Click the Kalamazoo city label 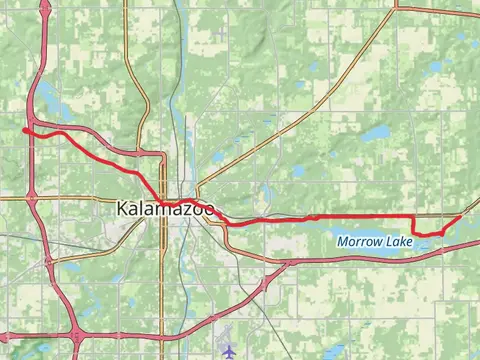(165, 210)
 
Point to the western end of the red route (23, 129)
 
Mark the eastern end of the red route (461, 216)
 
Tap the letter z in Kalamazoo (182, 210)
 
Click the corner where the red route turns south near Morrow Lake (413, 217)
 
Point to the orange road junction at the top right (397, 8)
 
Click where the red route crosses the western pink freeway (32, 131)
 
